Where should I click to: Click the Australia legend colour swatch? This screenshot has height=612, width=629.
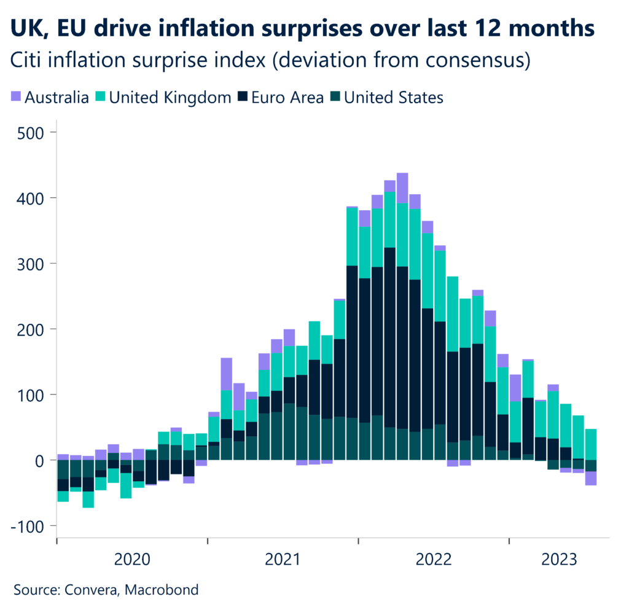(17, 96)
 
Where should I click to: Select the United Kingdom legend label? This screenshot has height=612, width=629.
(170, 96)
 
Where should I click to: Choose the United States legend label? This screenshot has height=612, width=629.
(393, 96)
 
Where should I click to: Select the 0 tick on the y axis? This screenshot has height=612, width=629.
(39, 460)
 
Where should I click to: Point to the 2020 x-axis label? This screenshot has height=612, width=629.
(132, 559)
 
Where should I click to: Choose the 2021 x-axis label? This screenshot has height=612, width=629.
(283, 559)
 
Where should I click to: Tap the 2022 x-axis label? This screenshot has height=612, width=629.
(434, 559)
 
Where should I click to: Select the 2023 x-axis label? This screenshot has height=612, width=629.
(558, 559)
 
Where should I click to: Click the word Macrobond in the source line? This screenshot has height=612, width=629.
(162, 590)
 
